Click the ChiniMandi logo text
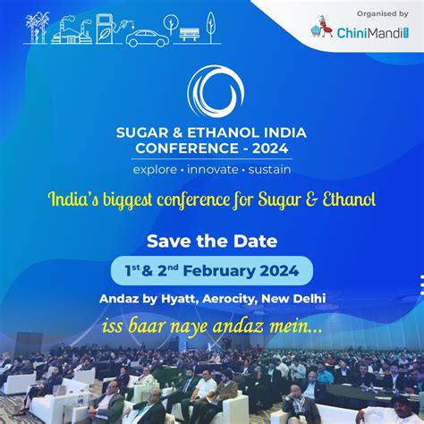coord(373,33)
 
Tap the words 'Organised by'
coord(383,14)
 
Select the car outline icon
coord(148,38)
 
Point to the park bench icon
coord(190,34)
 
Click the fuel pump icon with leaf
coord(105,30)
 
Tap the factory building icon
coord(71,31)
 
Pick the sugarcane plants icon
coord(37,28)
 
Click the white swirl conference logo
coord(216,91)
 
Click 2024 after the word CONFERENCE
coord(270,148)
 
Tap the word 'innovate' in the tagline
coord(213,170)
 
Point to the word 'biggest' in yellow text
coord(128,199)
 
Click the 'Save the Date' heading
coord(212,241)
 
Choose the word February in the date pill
coord(219,271)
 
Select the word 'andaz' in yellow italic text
coord(238,326)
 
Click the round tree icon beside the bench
coord(171,24)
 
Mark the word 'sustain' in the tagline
coord(269,170)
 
